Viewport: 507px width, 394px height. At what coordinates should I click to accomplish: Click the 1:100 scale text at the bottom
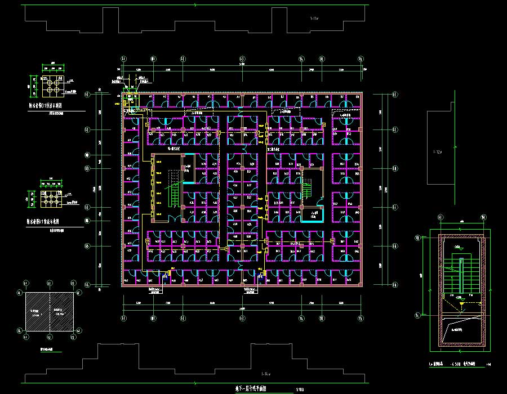(299, 389)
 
